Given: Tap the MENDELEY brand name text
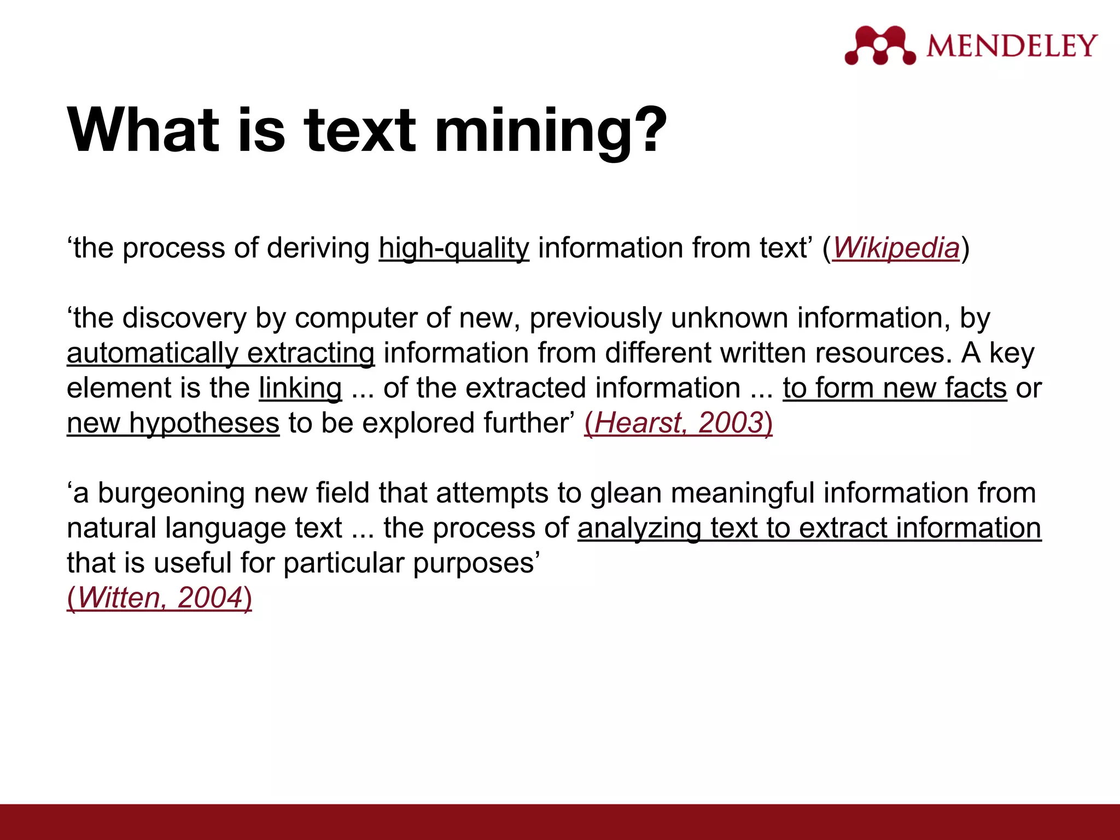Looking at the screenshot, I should pos(1012,45).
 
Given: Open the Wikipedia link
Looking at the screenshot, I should pos(896,248).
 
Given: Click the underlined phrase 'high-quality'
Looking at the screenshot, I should pos(454,248).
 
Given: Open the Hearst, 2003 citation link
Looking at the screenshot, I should pos(678,423).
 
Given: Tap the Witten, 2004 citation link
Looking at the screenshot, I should pos(159,597).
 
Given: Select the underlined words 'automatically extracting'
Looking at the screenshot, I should pos(220,353).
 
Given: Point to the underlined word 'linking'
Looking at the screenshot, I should pos(300,388).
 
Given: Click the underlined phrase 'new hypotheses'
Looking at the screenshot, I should pos(173,423).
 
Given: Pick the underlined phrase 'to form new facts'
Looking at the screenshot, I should pos(895,388).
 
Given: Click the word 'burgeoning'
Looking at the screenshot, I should pos(171,493).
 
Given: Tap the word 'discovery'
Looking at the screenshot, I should pos(185,318).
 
